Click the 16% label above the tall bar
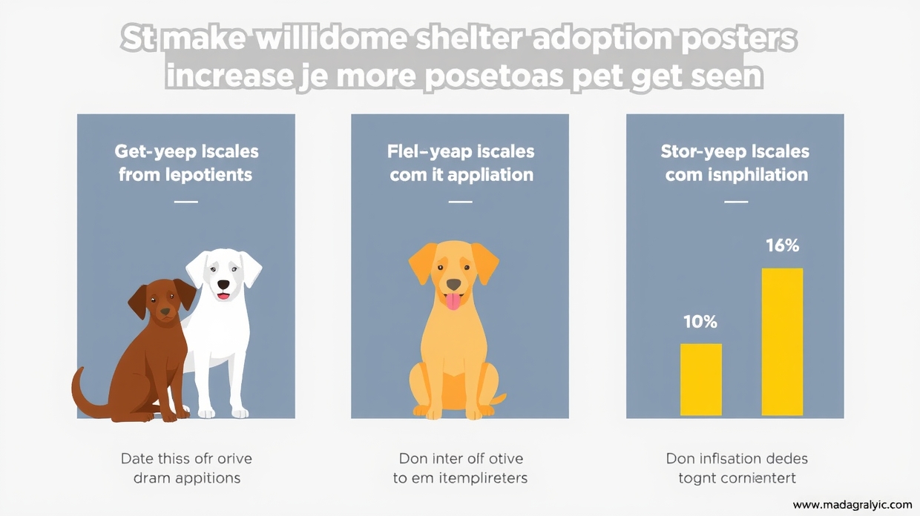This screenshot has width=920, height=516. (x=782, y=245)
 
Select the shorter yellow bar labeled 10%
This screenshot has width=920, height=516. (x=700, y=379)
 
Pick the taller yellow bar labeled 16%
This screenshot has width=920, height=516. (x=782, y=342)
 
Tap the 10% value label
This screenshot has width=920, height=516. (x=700, y=322)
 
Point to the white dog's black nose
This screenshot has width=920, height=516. (x=223, y=282)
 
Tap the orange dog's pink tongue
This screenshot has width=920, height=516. (x=452, y=301)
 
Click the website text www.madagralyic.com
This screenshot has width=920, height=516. (x=852, y=504)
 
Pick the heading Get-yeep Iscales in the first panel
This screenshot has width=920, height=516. (x=186, y=152)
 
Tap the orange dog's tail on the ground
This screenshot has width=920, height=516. (x=498, y=401)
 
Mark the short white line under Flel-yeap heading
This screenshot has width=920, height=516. (x=460, y=201)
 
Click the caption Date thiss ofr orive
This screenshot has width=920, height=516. (x=186, y=459)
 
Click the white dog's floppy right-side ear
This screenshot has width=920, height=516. (x=250, y=268)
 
